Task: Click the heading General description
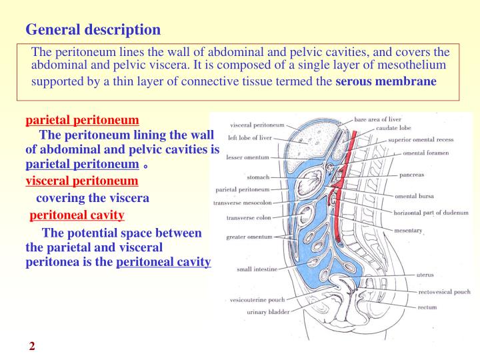[93, 30]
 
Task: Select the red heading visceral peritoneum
[82, 181]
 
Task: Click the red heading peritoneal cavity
[77, 215]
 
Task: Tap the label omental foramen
[426, 153]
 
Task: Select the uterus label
[425, 273]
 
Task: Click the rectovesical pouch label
[445, 291]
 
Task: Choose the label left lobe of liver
[249, 137]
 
